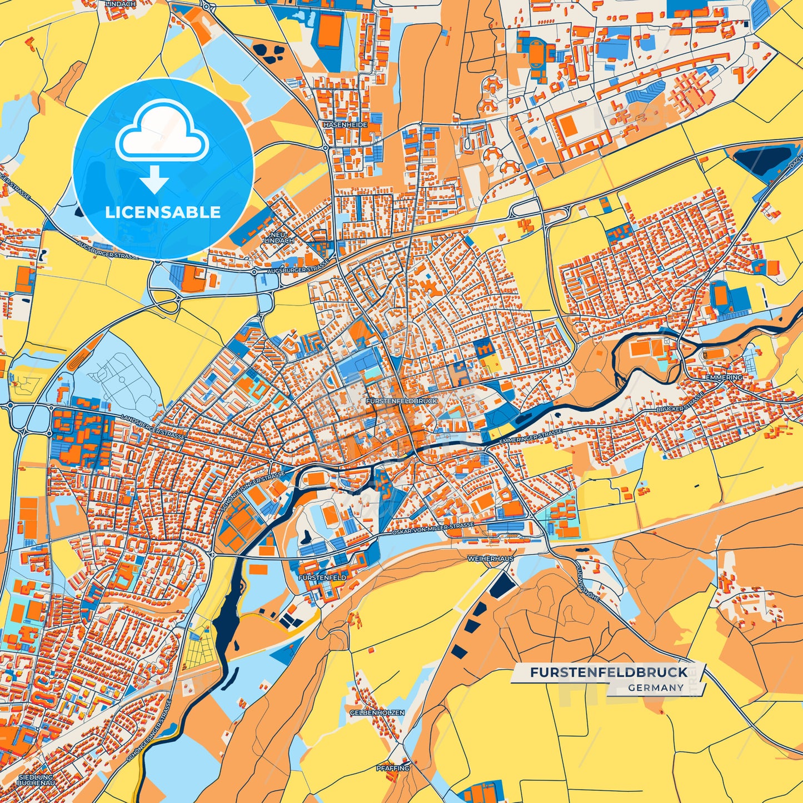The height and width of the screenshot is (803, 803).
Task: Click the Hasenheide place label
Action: (345, 125)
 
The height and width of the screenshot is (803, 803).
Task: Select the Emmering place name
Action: (724, 377)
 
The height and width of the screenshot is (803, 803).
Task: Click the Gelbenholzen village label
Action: (377, 712)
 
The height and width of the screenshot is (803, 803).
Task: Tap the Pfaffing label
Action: (392, 768)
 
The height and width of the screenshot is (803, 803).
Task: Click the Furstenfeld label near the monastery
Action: (322, 578)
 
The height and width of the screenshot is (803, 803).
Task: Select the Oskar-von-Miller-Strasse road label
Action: (433, 528)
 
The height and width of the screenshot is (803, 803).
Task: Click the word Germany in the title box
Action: (656, 687)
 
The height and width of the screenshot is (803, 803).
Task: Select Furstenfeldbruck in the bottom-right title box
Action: (609, 672)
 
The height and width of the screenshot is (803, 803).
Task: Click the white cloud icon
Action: (162, 133)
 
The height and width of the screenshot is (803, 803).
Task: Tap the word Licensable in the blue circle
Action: (163, 212)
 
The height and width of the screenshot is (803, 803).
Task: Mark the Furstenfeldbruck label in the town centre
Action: (402, 401)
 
